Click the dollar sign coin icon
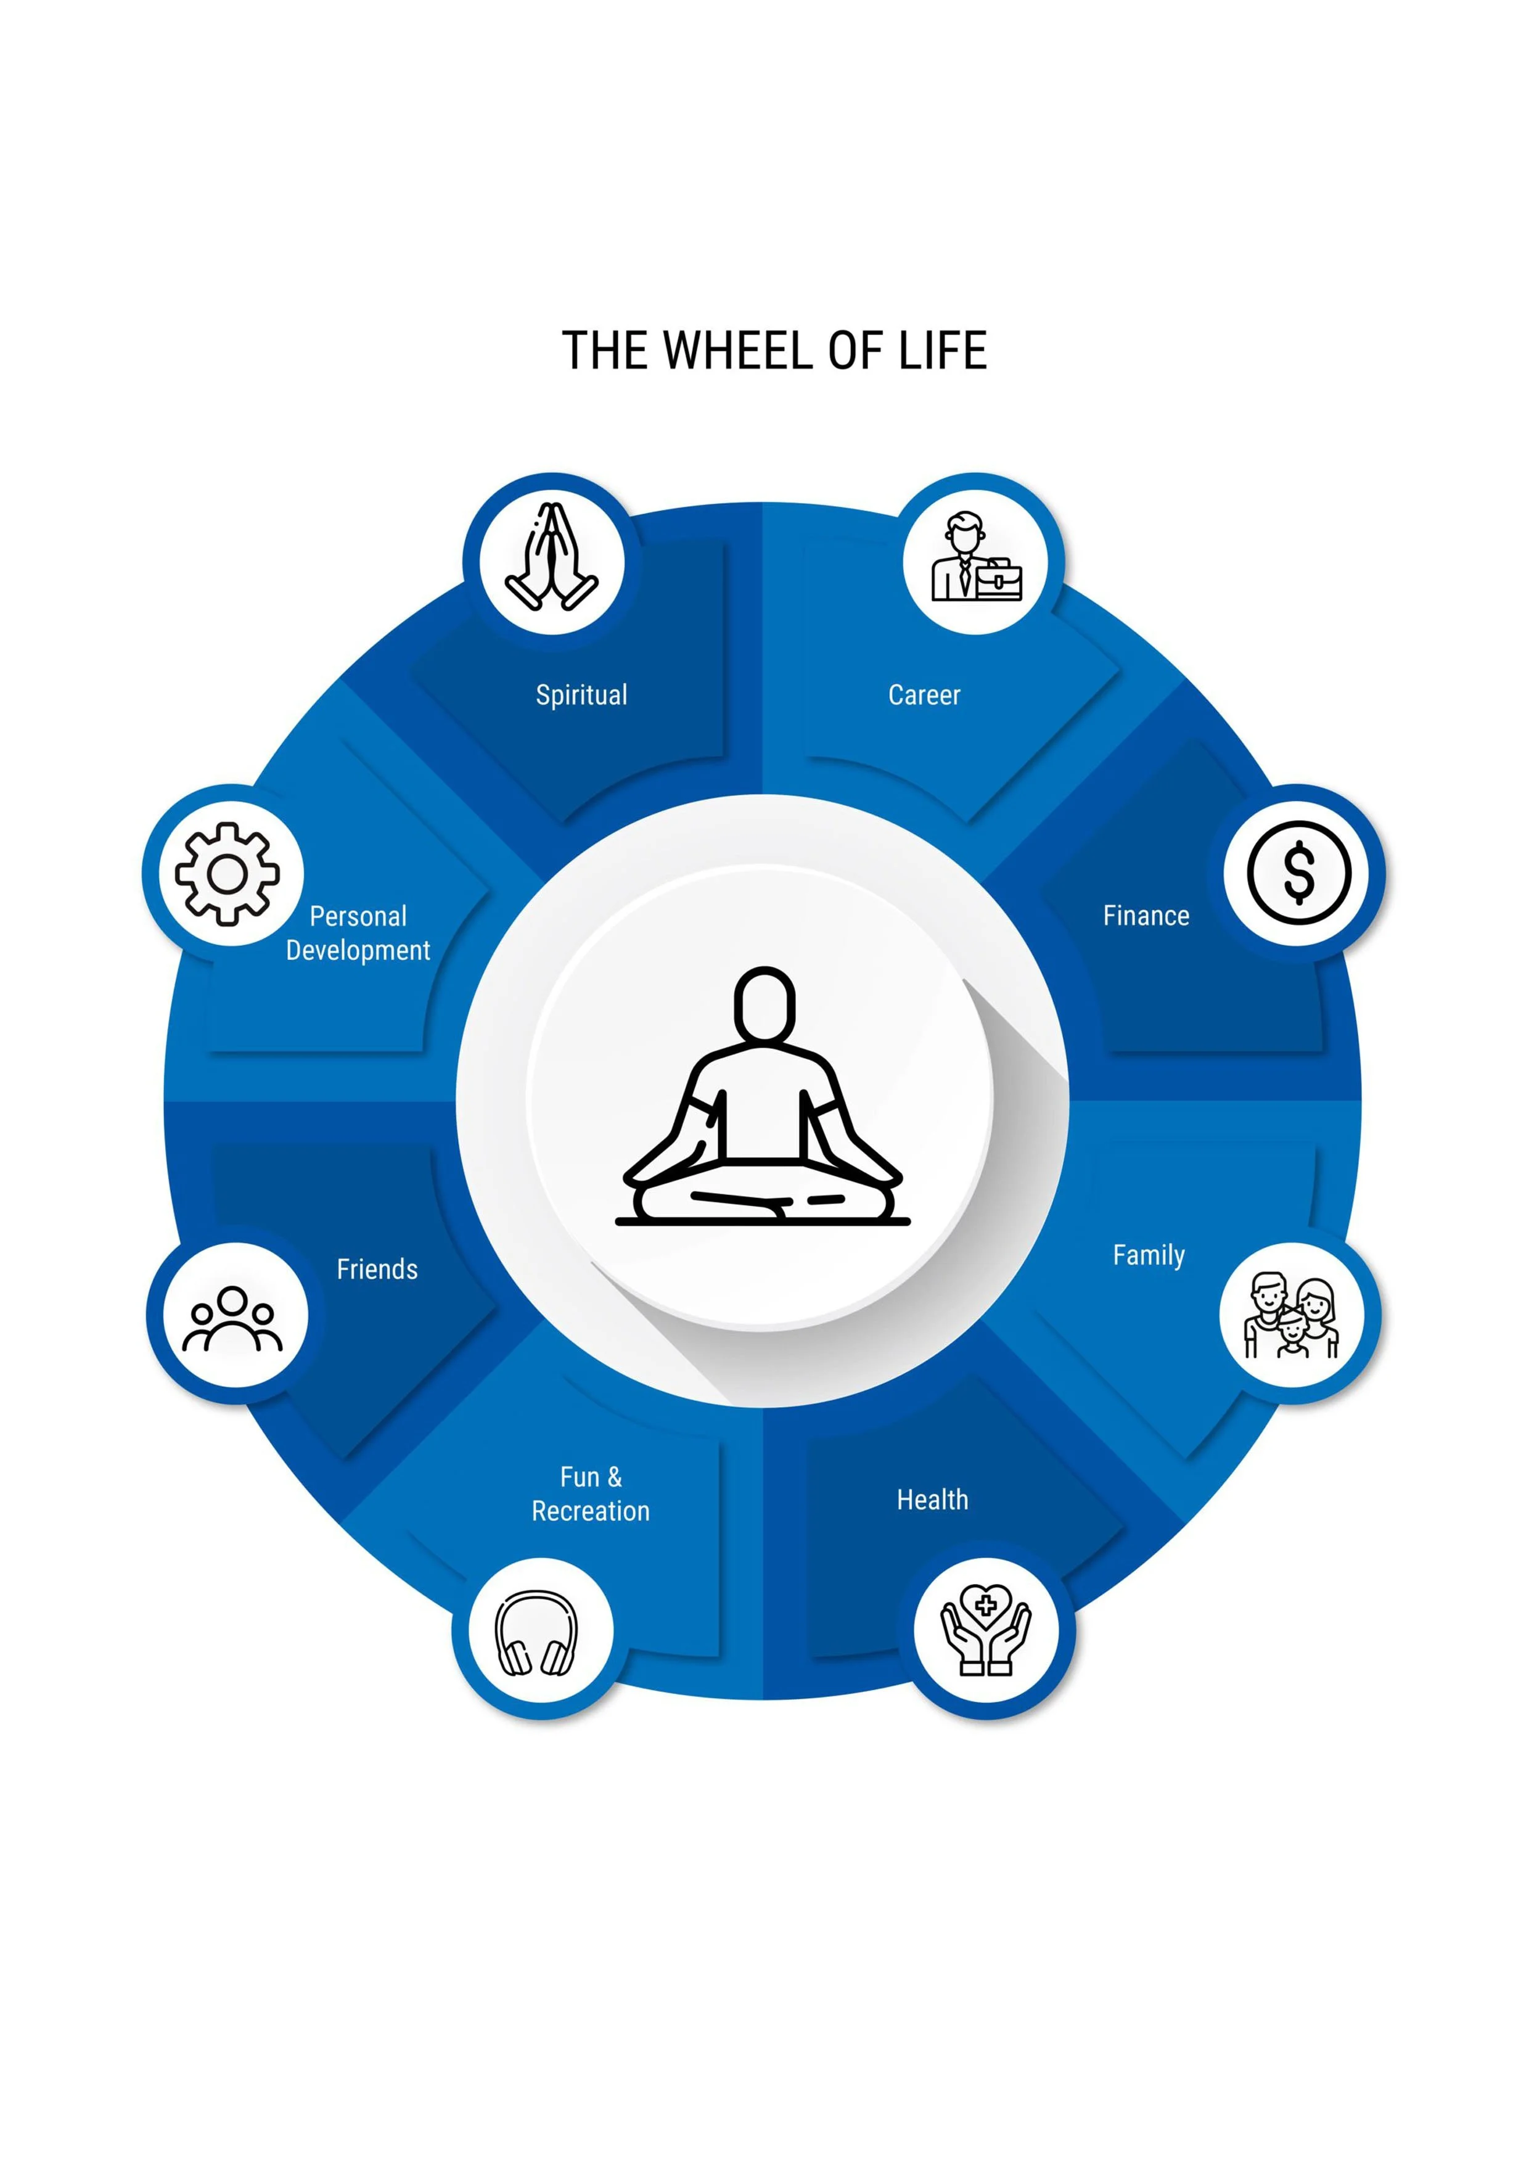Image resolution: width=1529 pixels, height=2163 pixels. [x=1299, y=873]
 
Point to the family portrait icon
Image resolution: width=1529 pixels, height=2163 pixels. [x=1292, y=1316]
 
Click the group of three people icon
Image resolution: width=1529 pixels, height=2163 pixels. [x=232, y=1319]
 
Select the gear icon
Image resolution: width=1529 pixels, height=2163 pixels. [x=227, y=873]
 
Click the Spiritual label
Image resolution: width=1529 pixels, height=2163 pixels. [x=581, y=696]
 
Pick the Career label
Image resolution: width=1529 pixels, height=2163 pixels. [x=924, y=696]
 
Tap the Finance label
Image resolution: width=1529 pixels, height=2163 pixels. [x=1146, y=916]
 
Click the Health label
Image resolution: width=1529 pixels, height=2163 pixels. [x=932, y=1500]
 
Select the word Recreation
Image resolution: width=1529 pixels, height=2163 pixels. [x=591, y=1511]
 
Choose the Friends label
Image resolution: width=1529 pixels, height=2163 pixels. [x=377, y=1269]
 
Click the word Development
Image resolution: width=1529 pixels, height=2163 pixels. [x=358, y=951]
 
